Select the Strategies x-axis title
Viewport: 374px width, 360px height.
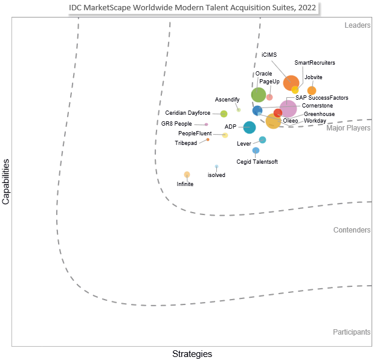pos(192,353)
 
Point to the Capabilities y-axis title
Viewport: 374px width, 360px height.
pos(7,182)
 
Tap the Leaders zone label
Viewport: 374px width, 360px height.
pos(357,25)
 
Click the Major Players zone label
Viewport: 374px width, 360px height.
pos(349,128)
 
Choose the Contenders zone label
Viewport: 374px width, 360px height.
pos(352,230)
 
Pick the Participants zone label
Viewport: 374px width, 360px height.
pos(352,332)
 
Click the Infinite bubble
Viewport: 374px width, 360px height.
pos(187,175)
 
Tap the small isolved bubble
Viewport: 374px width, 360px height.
pos(216,166)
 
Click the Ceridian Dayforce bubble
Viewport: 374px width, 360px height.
pos(224,114)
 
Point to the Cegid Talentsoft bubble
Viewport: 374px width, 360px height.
pos(256,150)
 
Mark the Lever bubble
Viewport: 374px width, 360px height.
pos(262,140)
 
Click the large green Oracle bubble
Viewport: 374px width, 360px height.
pos(259,94)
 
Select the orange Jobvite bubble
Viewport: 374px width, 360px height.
pos(312,91)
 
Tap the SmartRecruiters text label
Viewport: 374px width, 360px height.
pos(314,63)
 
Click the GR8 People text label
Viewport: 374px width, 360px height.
pos(176,124)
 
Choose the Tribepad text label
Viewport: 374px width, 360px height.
pos(185,143)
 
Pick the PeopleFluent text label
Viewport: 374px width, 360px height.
pos(195,133)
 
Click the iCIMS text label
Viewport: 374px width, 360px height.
pos(269,55)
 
